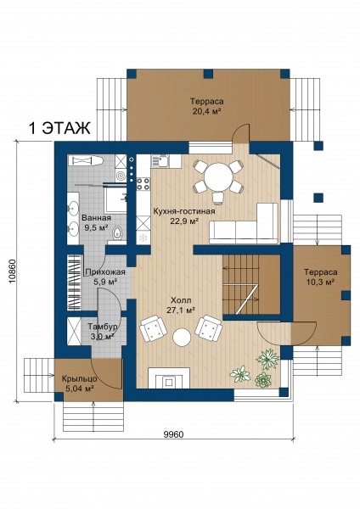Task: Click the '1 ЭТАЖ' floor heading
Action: [x=59, y=128]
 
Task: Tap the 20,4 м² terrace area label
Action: [x=207, y=111]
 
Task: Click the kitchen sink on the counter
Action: [x=160, y=160]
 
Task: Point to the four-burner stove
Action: [x=143, y=184]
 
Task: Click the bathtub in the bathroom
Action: [x=87, y=160]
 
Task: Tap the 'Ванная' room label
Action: [x=96, y=218]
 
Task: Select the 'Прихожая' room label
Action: [x=105, y=272]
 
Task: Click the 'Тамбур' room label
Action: [x=103, y=327]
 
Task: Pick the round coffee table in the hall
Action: [x=182, y=338]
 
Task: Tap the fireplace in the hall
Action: [x=169, y=378]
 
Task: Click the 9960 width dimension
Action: [x=174, y=434]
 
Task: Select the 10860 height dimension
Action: [x=13, y=271]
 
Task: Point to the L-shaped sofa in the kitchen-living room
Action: [x=244, y=223]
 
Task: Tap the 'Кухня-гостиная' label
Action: [x=184, y=211]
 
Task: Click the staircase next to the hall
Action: [x=251, y=284]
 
